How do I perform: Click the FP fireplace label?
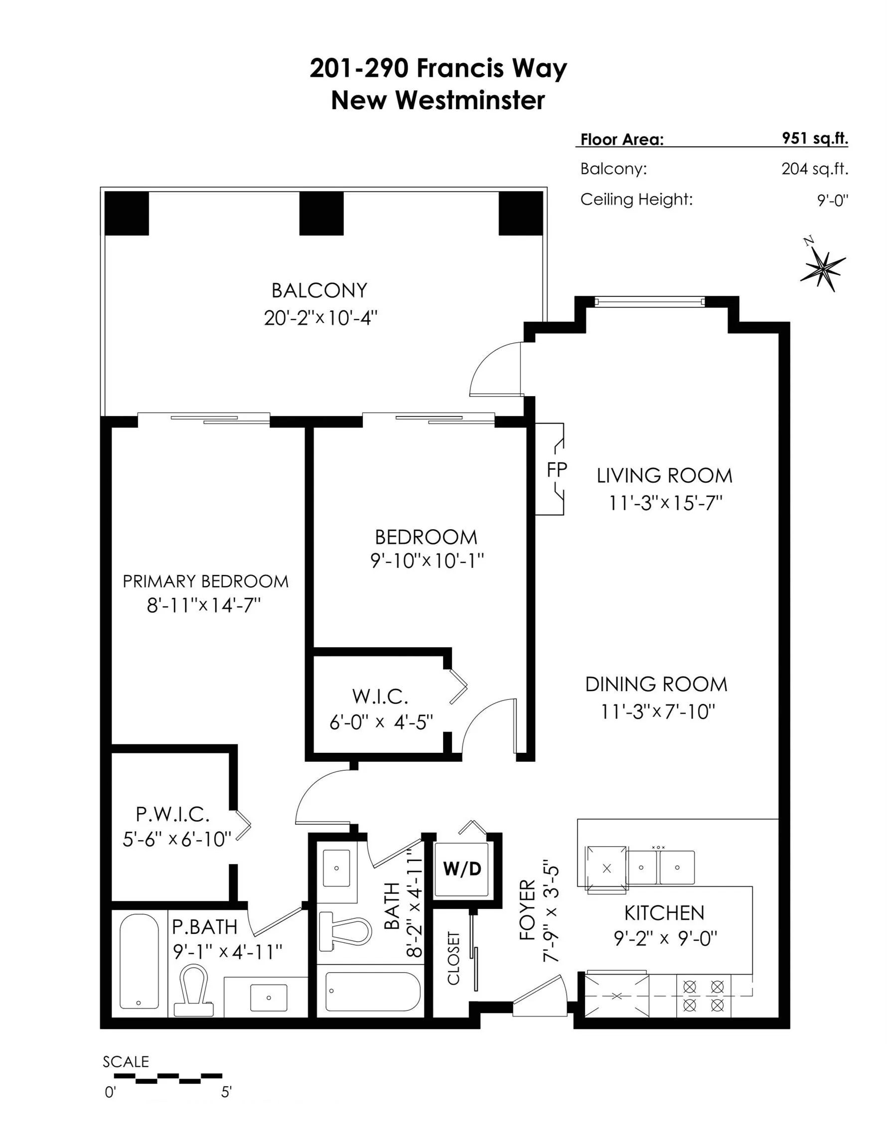pyautogui.click(x=557, y=469)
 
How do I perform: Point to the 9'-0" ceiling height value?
pyautogui.click(x=833, y=200)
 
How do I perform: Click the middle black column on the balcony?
pyautogui.click(x=321, y=213)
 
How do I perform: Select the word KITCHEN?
pyautogui.click(x=664, y=913)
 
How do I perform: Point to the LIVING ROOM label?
pyautogui.click(x=664, y=476)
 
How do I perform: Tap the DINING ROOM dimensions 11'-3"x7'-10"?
pyautogui.click(x=658, y=712)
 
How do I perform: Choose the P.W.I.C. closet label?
pyautogui.click(x=172, y=814)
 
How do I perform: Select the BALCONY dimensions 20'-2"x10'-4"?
pyautogui.click(x=321, y=318)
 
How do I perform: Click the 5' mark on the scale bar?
pyautogui.click(x=226, y=1092)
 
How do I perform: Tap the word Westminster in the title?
pyautogui.click(x=470, y=100)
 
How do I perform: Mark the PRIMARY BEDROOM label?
pyautogui.click(x=206, y=581)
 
